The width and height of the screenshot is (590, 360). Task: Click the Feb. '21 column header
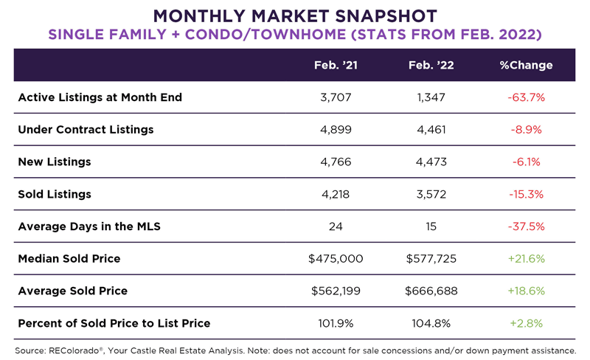click(x=336, y=65)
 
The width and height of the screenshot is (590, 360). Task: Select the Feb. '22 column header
click(x=431, y=65)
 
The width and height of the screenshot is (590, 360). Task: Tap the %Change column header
click(x=526, y=65)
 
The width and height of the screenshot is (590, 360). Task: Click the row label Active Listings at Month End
click(x=100, y=97)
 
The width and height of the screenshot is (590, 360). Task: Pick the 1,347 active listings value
click(x=431, y=97)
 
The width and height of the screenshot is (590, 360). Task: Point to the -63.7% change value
click(x=526, y=97)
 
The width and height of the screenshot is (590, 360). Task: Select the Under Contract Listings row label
click(x=86, y=130)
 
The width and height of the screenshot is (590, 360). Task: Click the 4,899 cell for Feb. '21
click(x=336, y=130)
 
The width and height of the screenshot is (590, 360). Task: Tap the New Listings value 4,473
click(x=431, y=162)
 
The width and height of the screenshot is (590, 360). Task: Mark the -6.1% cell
click(x=526, y=162)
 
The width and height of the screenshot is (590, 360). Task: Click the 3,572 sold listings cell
click(x=431, y=194)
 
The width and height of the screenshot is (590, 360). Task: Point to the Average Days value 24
click(x=336, y=226)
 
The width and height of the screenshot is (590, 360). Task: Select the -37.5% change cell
click(x=526, y=226)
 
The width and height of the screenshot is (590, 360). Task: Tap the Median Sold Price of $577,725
click(x=431, y=258)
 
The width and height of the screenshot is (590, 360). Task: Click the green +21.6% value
click(x=526, y=258)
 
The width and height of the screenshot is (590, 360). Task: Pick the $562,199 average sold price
click(x=336, y=291)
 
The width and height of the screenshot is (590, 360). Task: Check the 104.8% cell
click(x=431, y=323)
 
